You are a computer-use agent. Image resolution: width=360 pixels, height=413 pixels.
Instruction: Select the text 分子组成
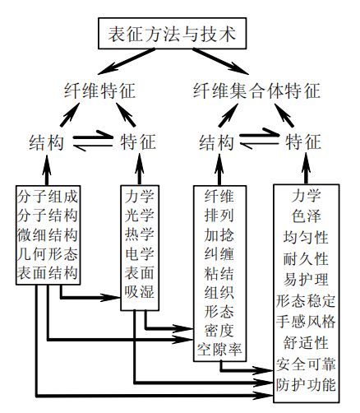(x=48, y=197)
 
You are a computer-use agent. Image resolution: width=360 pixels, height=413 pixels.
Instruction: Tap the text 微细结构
(x=48, y=234)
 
